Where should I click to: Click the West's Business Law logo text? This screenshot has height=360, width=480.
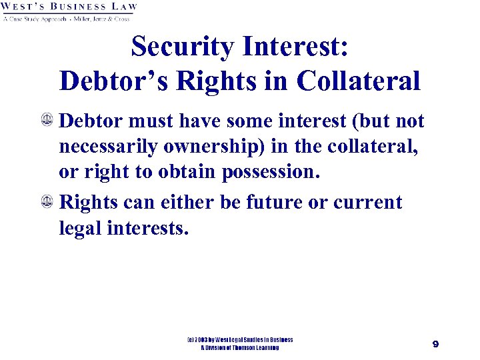[69, 7]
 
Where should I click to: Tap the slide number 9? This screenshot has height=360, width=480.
[435, 344]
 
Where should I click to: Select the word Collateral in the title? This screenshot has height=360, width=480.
[359, 81]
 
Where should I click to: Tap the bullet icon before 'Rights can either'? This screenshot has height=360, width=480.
[48, 202]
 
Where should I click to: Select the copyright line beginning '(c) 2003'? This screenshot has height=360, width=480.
[239, 340]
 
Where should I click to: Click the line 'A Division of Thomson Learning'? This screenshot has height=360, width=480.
[239, 348]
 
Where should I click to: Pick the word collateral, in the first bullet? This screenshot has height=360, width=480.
[379, 146]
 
